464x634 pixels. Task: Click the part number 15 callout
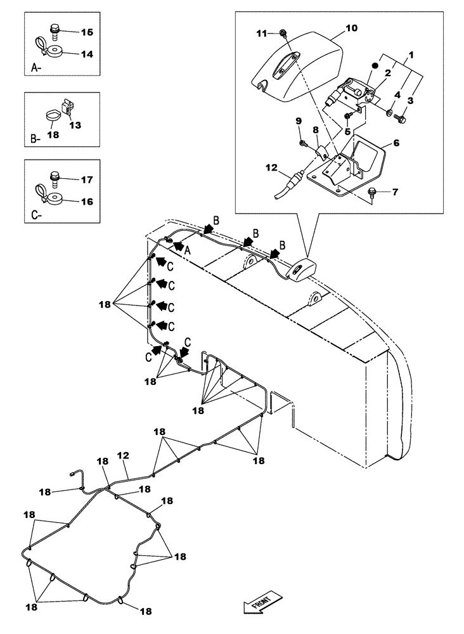86,32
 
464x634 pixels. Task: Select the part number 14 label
86,55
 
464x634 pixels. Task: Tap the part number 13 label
75,125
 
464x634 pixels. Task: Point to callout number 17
86,179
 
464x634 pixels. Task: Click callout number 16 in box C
86,201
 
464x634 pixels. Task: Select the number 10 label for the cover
351,29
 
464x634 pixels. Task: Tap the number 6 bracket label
396,143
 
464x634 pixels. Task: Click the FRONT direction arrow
257,604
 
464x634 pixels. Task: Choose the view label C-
36,216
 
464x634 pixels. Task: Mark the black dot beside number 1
375,65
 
